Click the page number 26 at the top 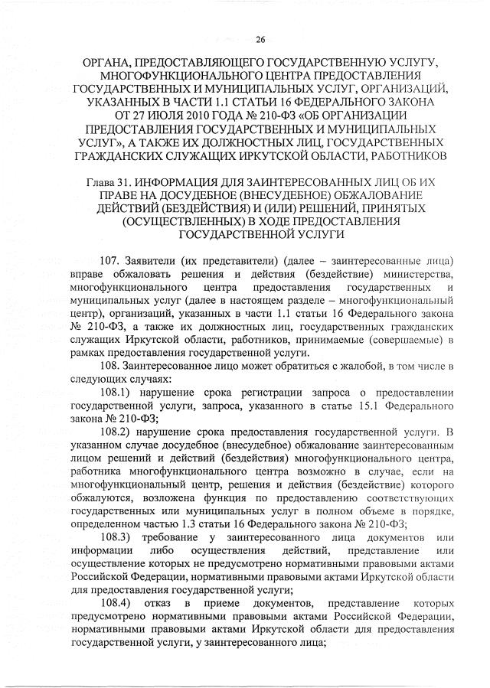[260, 40]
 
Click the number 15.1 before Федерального [332, 406]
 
